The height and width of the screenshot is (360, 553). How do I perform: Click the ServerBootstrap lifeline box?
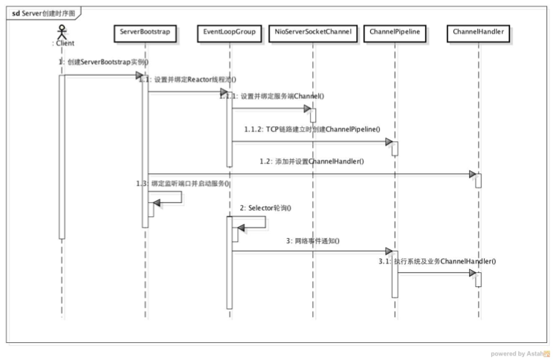(146, 33)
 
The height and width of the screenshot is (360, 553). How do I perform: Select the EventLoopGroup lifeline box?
(230, 33)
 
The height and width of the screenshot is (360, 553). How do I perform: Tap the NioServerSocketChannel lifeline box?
(313, 33)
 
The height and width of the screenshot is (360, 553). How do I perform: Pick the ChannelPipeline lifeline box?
(395, 33)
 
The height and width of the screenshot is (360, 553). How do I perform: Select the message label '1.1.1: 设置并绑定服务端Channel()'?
(272, 96)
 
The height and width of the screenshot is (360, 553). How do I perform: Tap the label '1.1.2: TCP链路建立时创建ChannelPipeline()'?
(312, 129)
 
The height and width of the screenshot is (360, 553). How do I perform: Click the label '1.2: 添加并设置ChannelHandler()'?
(311, 161)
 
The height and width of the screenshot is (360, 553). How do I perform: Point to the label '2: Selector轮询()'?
(265, 208)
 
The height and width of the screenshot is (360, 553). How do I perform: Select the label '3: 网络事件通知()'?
(312, 241)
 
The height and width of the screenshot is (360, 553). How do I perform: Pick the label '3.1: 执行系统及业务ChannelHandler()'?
(436, 261)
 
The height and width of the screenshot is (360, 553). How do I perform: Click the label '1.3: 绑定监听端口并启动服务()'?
(181, 182)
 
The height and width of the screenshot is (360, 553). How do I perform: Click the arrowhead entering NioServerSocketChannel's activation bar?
(305, 109)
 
